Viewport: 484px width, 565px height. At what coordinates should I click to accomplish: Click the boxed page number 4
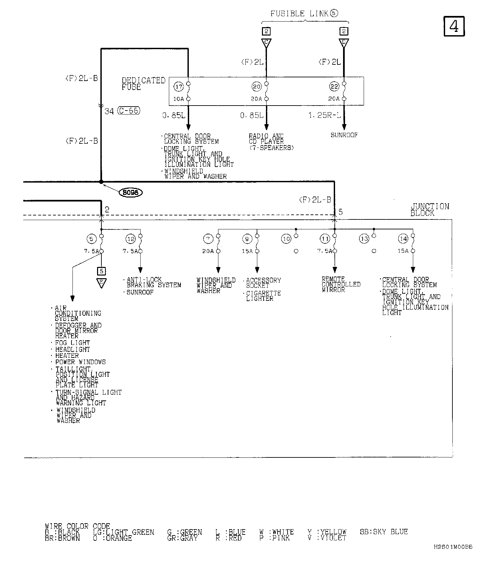click(x=454, y=26)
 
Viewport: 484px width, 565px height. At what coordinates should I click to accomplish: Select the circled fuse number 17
click(x=179, y=87)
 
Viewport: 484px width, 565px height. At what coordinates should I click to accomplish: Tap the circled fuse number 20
click(x=257, y=87)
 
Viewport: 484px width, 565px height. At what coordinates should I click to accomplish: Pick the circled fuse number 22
click(x=334, y=87)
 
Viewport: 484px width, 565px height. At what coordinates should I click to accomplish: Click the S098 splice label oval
click(x=131, y=192)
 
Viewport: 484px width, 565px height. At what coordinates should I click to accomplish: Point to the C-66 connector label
click(x=129, y=111)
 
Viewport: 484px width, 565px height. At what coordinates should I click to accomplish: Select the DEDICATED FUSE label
click(x=143, y=84)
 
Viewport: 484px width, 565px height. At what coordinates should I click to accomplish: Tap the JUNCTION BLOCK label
click(x=429, y=210)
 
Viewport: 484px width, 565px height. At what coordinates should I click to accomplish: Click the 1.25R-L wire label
click(x=324, y=116)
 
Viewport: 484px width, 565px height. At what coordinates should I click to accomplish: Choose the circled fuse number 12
click(x=130, y=238)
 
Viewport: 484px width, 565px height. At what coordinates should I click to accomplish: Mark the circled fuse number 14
click(x=403, y=238)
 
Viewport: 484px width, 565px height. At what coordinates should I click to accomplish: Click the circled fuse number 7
click(x=208, y=238)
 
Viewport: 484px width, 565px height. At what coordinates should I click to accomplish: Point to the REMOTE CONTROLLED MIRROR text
click(x=341, y=284)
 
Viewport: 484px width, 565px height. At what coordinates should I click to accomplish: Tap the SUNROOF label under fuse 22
click(x=344, y=135)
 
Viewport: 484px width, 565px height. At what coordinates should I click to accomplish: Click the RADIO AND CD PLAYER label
click(x=271, y=142)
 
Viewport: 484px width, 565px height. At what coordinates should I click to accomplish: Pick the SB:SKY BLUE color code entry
click(x=384, y=532)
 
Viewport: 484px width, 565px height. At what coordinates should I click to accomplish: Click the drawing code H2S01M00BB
click(x=452, y=556)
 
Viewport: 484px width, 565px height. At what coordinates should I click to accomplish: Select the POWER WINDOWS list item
click(x=80, y=362)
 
